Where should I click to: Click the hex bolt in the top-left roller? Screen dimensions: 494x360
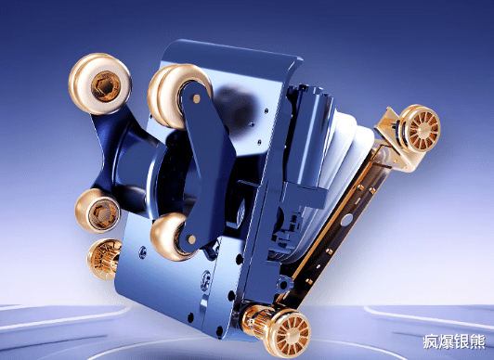tap(106, 86)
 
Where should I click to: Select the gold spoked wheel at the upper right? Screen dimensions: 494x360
tap(422, 128)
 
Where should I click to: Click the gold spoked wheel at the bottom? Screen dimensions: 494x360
tap(288, 333)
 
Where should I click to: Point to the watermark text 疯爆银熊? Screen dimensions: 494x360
tap(454, 342)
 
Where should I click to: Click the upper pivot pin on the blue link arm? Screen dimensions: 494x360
tap(196, 98)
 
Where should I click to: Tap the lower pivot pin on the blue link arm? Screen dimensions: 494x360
tap(191, 239)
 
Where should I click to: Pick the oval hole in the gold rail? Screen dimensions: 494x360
tap(346, 219)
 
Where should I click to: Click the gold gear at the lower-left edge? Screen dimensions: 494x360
tap(104, 259)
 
